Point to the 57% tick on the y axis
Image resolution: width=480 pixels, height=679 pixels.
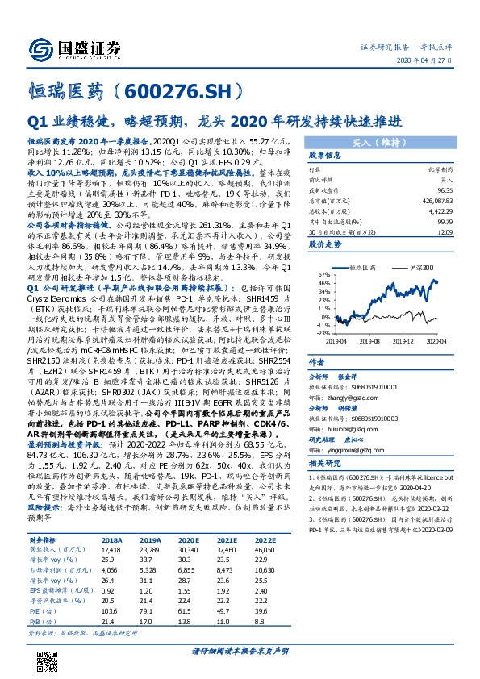(323, 253)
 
